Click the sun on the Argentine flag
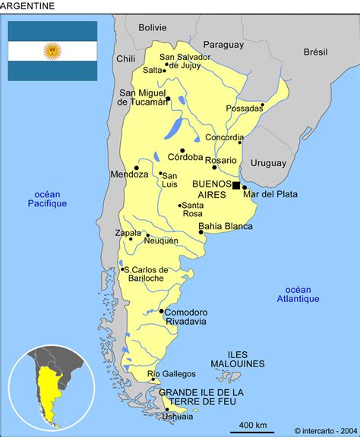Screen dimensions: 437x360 pyautogui.click(x=52, y=51)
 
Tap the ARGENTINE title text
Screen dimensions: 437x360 pyautogui.click(x=27, y=6)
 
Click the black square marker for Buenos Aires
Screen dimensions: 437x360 pyautogui.click(x=236, y=185)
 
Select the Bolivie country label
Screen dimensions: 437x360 pyautogui.click(x=152, y=27)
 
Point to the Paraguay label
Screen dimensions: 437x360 pyautogui.click(x=224, y=44)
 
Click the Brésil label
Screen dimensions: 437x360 pyautogui.click(x=315, y=52)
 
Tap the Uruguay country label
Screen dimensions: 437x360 pyautogui.click(x=268, y=162)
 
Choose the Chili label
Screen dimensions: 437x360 pyautogui.click(x=125, y=58)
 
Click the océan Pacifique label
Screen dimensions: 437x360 pyautogui.click(x=47, y=198)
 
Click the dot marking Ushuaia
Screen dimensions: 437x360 pyautogui.click(x=166, y=410)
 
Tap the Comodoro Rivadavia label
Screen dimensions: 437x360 pyautogui.click(x=185, y=316)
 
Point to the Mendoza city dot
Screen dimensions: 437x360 pyautogui.click(x=137, y=168)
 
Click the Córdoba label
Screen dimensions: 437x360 pyautogui.click(x=185, y=157)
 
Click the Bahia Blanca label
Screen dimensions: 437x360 pyautogui.click(x=226, y=225)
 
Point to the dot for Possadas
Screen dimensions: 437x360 pyautogui.click(x=263, y=105)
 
